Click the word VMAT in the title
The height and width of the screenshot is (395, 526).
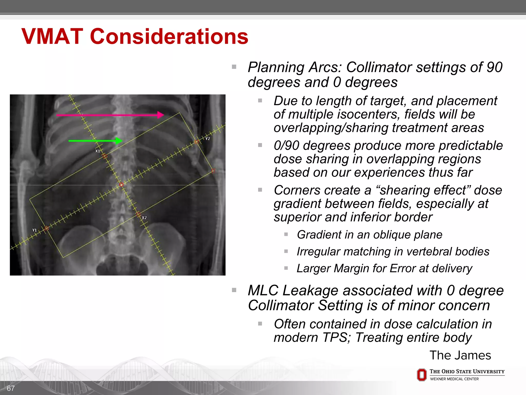(x=52, y=37)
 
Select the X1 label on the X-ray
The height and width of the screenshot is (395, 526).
(x=98, y=151)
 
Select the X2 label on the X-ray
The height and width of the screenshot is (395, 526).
(x=144, y=218)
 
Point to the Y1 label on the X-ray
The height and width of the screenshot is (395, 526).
(x=34, y=230)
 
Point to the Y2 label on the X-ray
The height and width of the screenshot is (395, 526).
(x=208, y=139)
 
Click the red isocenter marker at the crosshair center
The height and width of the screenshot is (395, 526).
(x=121, y=185)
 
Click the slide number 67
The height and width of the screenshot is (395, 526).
(x=11, y=388)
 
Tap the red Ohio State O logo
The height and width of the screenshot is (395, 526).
(x=421, y=375)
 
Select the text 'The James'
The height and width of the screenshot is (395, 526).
(x=460, y=355)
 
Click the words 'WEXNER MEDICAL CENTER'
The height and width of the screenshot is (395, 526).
(x=454, y=379)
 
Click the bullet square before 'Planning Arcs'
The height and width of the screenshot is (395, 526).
(x=234, y=67)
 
